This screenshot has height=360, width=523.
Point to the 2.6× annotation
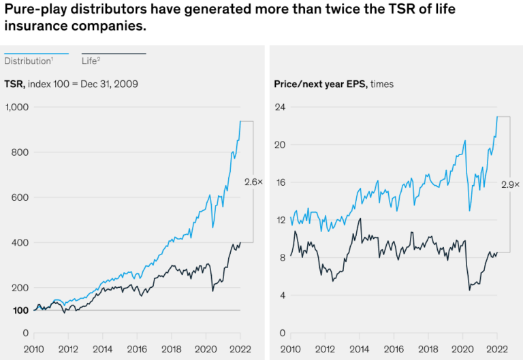[252, 181]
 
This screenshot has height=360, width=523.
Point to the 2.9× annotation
[509, 184]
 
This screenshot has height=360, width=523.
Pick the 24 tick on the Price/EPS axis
[279, 107]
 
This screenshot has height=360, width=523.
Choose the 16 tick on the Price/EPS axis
[279, 182]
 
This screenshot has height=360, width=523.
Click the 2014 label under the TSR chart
[102, 350]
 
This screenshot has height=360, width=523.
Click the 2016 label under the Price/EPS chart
[394, 350]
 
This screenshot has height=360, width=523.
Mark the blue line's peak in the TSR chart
[240, 120]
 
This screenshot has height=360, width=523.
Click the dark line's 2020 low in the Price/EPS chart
[470, 290]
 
